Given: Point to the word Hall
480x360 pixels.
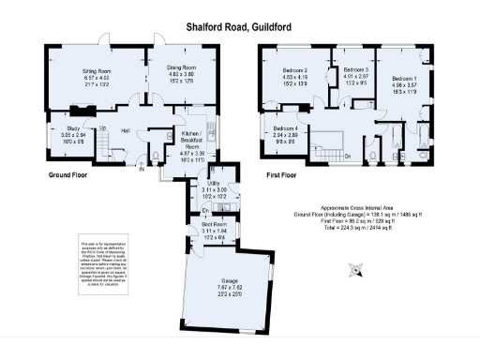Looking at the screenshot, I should coord(125,132).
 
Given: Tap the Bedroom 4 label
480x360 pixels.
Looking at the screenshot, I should coord(285,133).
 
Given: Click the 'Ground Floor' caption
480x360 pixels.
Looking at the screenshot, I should coord(67,175).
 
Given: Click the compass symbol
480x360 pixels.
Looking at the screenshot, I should coord(355,271).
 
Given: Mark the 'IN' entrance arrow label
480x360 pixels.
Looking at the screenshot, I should coord(142,171).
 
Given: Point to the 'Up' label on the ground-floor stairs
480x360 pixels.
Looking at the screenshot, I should coord(102,128).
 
